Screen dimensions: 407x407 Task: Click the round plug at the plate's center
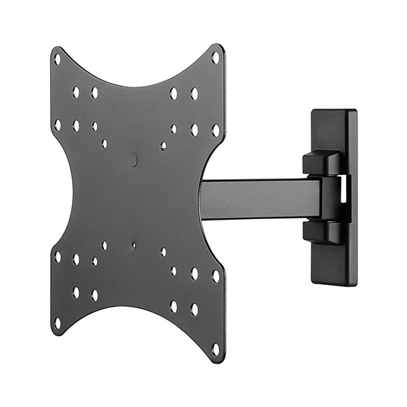point(133,160)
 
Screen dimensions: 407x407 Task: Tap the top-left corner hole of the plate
point(57,59)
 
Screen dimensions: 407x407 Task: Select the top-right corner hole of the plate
point(216,58)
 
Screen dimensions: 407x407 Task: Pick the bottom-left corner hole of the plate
point(57,323)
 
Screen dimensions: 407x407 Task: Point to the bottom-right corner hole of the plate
point(216,349)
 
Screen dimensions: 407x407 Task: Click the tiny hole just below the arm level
point(134,245)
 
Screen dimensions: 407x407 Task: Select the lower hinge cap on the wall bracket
point(322,231)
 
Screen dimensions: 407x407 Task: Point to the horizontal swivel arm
point(258,199)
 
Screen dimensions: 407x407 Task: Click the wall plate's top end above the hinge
point(334,129)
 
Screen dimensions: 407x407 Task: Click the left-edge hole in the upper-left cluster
point(57,125)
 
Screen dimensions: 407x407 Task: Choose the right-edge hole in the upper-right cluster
point(216,130)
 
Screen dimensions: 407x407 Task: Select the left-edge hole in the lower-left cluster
point(57,257)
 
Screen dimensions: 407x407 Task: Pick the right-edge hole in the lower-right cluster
point(216,276)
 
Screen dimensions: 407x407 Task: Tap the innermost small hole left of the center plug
point(104,144)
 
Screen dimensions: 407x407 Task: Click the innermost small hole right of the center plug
point(163,146)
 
